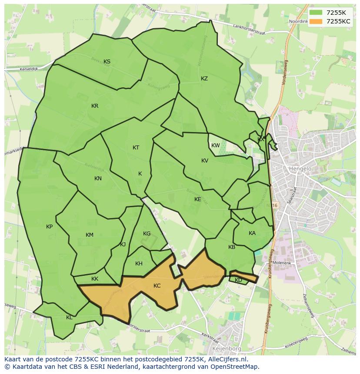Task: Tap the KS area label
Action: pyautogui.click(x=107, y=61)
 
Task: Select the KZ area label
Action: pyautogui.click(x=204, y=79)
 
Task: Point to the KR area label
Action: pyautogui.click(x=95, y=106)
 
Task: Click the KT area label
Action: pyautogui.click(x=136, y=148)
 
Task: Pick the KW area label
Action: pyautogui.click(x=215, y=146)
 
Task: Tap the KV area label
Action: pyautogui.click(x=205, y=161)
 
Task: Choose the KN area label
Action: pyautogui.click(x=98, y=179)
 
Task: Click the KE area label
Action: pyautogui.click(x=198, y=199)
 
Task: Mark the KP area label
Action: pyautogui.click(x=49, y=227)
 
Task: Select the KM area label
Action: pyautogui.click(x=90, y=235)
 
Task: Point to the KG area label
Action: pyautogui.click(x=147, y=234)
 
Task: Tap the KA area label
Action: pyautogui.click(x=252, y=233)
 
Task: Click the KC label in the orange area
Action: pyautogui.click(x=157, y=285)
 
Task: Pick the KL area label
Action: pyautogui.click(x=69, y=318)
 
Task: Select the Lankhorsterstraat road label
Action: pyautogui.click(x=252, y=27)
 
